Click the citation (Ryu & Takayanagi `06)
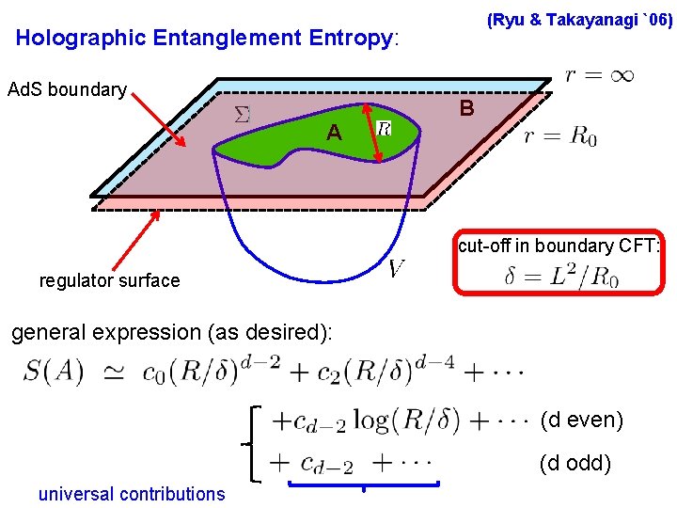point(579,20)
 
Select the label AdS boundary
point(67,90)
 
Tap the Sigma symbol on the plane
point(242,115)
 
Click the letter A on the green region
point(334,134)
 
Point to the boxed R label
point(384,127)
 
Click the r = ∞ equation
point(600,74)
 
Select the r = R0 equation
point(560,137)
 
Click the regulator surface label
point(109,280)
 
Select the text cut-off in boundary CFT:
point(560,246)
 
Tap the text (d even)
point(582,420)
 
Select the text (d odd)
point(575,463)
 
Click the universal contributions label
point(132,493)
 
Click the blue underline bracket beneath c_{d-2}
point(364,485)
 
